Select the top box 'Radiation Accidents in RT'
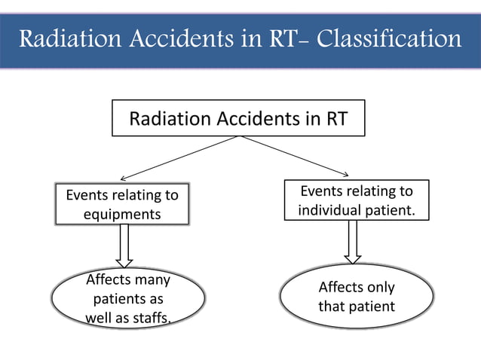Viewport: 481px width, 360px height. click(x=238, y=118)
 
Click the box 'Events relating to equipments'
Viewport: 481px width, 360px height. click(x=122, y=204)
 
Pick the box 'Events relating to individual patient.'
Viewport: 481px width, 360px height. click(x=356, y=200)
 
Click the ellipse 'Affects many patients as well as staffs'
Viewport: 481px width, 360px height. click(x=128, y=298)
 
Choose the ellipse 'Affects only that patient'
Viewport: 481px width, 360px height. click(x=356, y=297)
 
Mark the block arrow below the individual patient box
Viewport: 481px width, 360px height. click(x=353, y=243)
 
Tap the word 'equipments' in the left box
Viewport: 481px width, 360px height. click(x=122, y=214)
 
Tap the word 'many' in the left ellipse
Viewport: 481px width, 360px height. click(x=149, y=280)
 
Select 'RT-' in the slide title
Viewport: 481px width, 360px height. click(x=279, y=38)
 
